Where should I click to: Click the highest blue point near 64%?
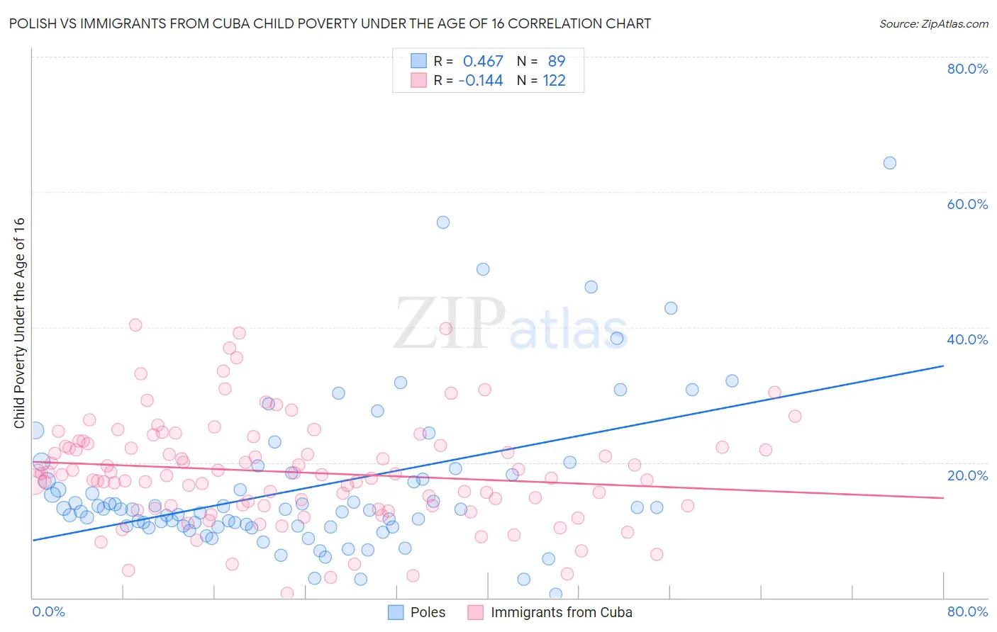[x=889, y=163]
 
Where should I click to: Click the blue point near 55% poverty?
[x=443, y=222]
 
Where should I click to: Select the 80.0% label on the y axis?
[x=967, y=69]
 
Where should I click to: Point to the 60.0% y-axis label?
[x=967, y=204]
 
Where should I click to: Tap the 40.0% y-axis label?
[x=967, y=339]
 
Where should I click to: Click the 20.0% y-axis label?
[x=967, y=475]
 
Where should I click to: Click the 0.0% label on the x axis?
[x=48, y=611]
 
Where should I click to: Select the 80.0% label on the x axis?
[x=967, y=611]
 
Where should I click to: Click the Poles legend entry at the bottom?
[x=428, y=612]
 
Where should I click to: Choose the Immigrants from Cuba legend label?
[x=561, y=612]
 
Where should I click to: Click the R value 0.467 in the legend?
[x=483, y=62]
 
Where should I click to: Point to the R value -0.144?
[x=481, y=81]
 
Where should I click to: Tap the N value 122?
[x=554, y=81]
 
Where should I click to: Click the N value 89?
[x=556, y=62]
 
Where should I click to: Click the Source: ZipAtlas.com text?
[x=933, y=23]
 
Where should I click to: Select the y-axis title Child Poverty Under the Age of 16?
[x=20, y=322]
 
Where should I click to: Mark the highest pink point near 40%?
[x=135, y=325]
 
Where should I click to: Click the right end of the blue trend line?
[x=943, y=366]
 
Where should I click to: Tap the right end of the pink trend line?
[x=943, y=498]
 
